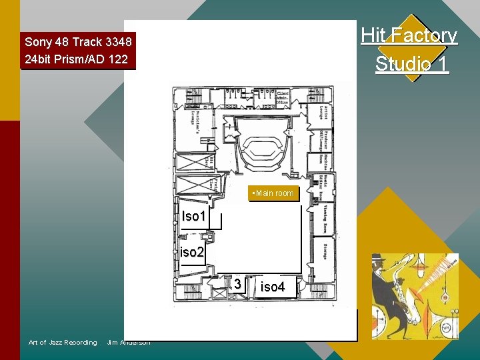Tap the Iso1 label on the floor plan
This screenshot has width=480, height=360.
[x=194, y=216]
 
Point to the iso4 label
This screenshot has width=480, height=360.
[x=273, y=287]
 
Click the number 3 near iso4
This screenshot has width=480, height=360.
[x=237, y=285]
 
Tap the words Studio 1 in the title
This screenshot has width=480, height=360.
[x=411, y=63]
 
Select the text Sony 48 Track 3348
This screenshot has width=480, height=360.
[x=78, y=42]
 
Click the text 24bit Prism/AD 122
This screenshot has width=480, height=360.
[x=75, y=59]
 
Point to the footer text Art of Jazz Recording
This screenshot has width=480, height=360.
[x=63, y=343]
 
